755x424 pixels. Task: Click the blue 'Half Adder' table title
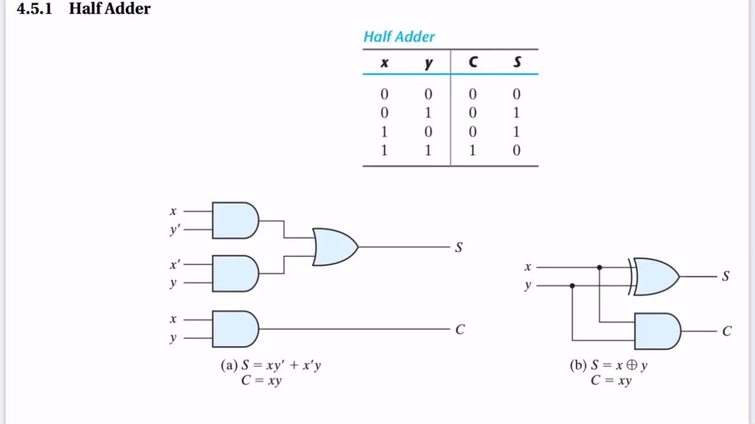[399, 37]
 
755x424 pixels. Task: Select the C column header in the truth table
[473, 62]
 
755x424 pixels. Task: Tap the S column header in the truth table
[517, 62]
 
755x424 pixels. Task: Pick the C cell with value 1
[472, 150]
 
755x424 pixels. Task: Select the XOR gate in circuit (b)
[654, 277]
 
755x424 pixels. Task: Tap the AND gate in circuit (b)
[657, 331]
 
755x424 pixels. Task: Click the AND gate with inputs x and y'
[235, 220]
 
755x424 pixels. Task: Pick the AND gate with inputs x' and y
[235, 273]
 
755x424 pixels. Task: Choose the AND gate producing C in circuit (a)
[235, 329]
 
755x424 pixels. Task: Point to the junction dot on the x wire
[599, 267]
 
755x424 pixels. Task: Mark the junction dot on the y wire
[572, 286]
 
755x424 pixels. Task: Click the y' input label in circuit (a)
[175, 230]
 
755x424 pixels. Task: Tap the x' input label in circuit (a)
[175, 264]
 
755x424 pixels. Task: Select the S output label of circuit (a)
[459, 247]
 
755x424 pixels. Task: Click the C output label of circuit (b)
[727, 331]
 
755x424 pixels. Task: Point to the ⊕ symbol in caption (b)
[632, 365]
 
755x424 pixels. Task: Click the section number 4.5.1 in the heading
[34, 8]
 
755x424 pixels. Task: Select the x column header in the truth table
[385, 62]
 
